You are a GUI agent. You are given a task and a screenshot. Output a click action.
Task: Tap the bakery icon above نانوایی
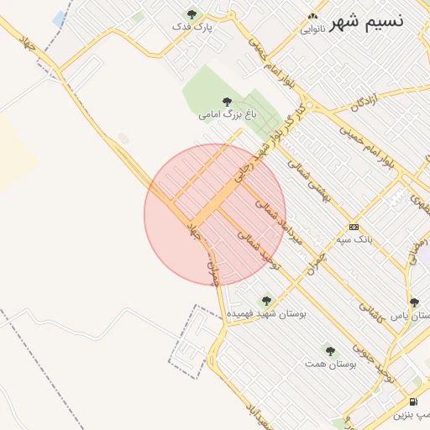[313, 16]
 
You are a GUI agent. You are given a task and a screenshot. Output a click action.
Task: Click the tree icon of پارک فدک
[192, 14]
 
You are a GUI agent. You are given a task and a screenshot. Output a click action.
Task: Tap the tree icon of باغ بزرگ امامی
[227, 101]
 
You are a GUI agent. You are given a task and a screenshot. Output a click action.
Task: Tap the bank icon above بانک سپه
[354, 227]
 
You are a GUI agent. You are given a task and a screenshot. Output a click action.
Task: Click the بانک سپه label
[354, 239]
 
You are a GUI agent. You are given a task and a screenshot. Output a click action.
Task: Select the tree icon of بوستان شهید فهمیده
[266, 300]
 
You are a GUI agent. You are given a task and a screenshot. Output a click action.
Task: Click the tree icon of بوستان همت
[330, 351]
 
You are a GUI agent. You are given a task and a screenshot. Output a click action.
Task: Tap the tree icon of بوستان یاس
[414, 302]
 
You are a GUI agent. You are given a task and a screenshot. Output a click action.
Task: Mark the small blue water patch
[60, 18]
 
